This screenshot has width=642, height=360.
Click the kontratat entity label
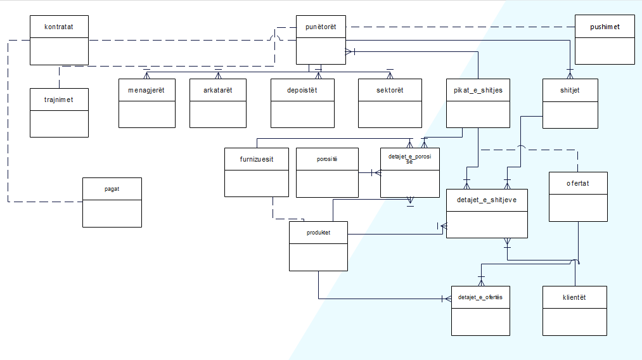point(59,27)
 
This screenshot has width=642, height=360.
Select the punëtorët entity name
point(321,27)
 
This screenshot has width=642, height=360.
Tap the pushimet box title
point(604,27)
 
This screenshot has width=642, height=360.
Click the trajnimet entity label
point(59,100)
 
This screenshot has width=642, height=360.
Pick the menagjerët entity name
point(146,90)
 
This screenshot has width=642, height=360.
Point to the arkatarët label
point(217,90)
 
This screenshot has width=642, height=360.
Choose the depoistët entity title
point(302,90)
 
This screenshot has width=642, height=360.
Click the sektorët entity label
point(389,90)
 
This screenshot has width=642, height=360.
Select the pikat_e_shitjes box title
point(477,90)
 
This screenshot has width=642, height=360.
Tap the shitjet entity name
point(570,90)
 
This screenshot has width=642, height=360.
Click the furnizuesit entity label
point(257,159)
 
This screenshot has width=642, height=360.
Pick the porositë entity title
point(327,159)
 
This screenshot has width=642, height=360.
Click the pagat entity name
point(112,189)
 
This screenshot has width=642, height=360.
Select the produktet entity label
point(318,232)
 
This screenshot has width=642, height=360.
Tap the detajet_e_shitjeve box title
point(486,200)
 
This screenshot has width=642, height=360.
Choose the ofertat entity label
point(578,183)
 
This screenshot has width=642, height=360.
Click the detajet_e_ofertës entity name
point(480,297)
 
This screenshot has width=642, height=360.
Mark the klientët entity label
point(574,297)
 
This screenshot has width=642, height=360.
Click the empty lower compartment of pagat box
point(112,213)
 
